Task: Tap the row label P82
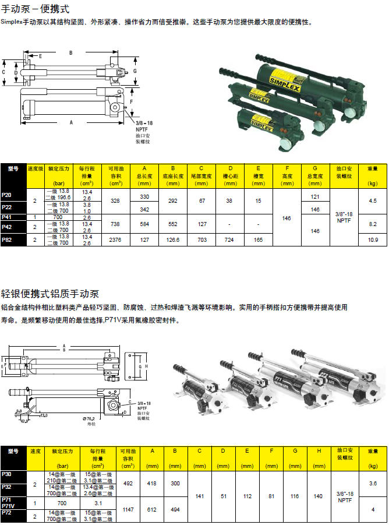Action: click(7, 239)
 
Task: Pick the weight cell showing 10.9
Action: click(373, 239)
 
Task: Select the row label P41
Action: click(7, 217)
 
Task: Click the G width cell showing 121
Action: click(315, 196)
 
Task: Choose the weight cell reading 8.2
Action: click(373, 224)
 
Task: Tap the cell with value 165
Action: click(258, 239)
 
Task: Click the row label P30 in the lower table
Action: click(6, 474)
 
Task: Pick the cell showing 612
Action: click(152, 509)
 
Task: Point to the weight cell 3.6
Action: click(373, 483)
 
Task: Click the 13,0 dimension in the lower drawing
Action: click(43, 415)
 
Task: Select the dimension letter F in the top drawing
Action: click(132, 101)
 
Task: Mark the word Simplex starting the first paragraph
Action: click(12, 22)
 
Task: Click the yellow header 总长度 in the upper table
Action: click(144, 175)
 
